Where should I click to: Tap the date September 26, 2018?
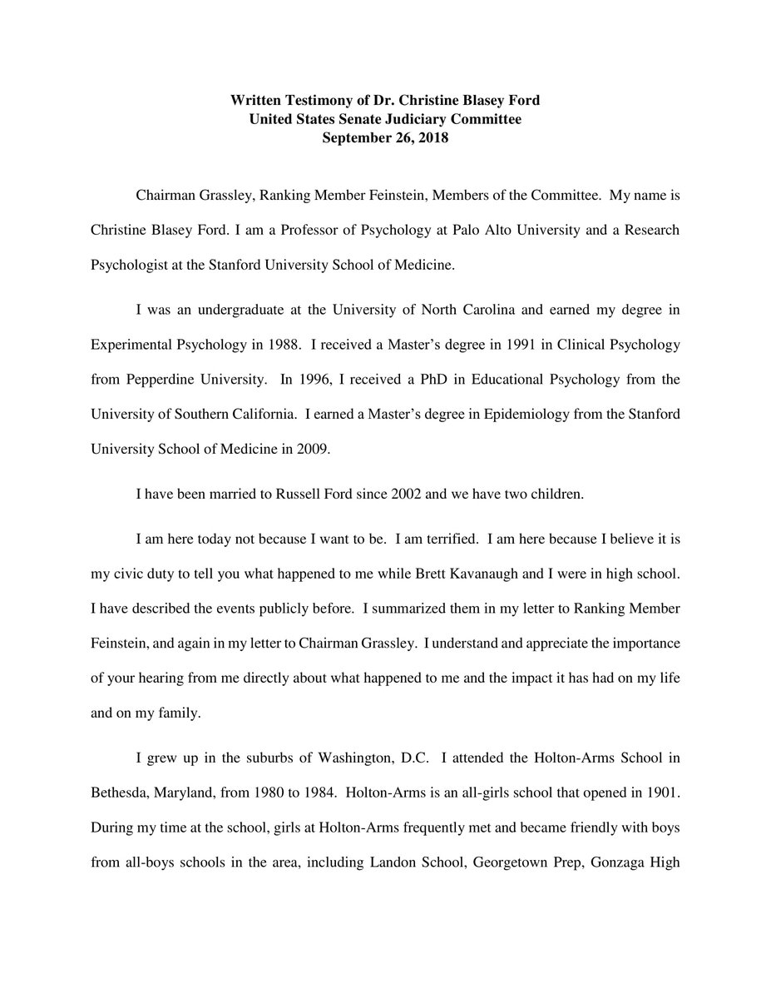pos(385,138)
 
